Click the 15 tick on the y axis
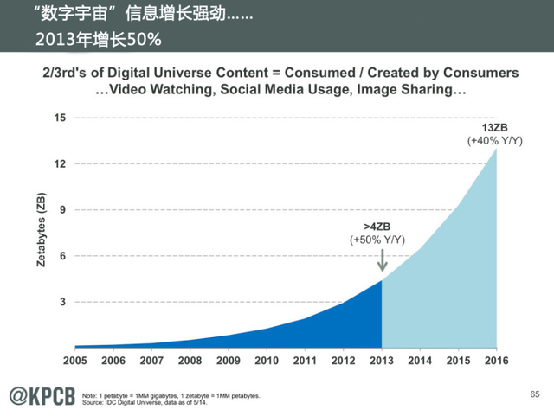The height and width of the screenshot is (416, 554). (59, 118)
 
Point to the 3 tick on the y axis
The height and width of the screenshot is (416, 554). (61, 302)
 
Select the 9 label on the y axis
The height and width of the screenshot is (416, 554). (61, 210)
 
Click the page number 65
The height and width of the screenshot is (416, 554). (534, 394)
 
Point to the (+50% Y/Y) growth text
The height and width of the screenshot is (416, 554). (377, 240)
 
